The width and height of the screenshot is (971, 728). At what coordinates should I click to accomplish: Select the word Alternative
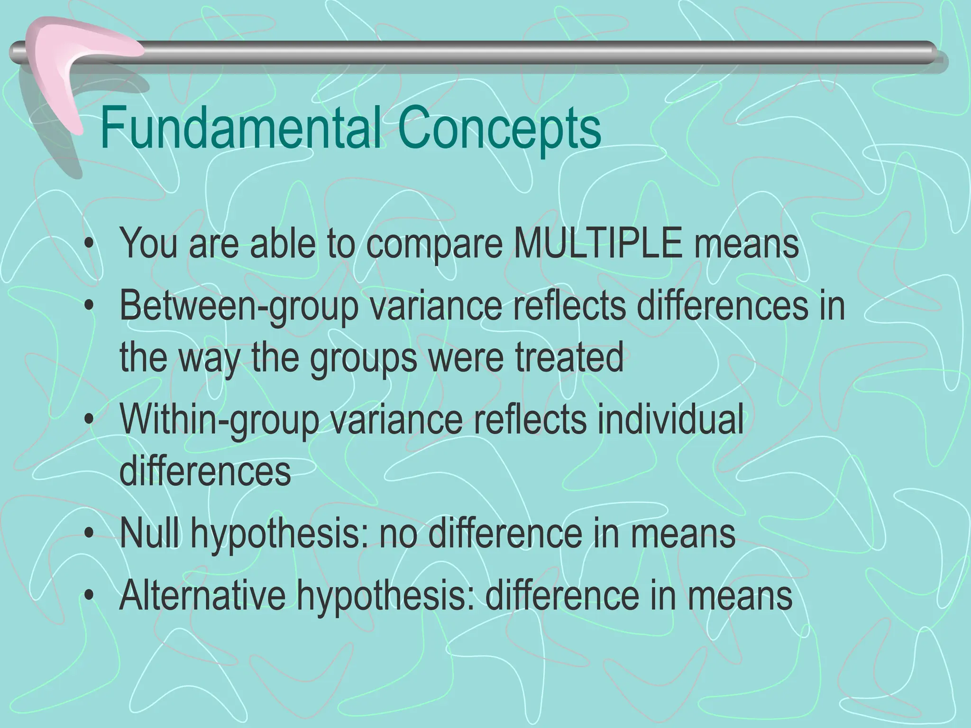202,596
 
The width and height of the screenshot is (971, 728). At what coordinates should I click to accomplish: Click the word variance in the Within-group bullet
396,420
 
